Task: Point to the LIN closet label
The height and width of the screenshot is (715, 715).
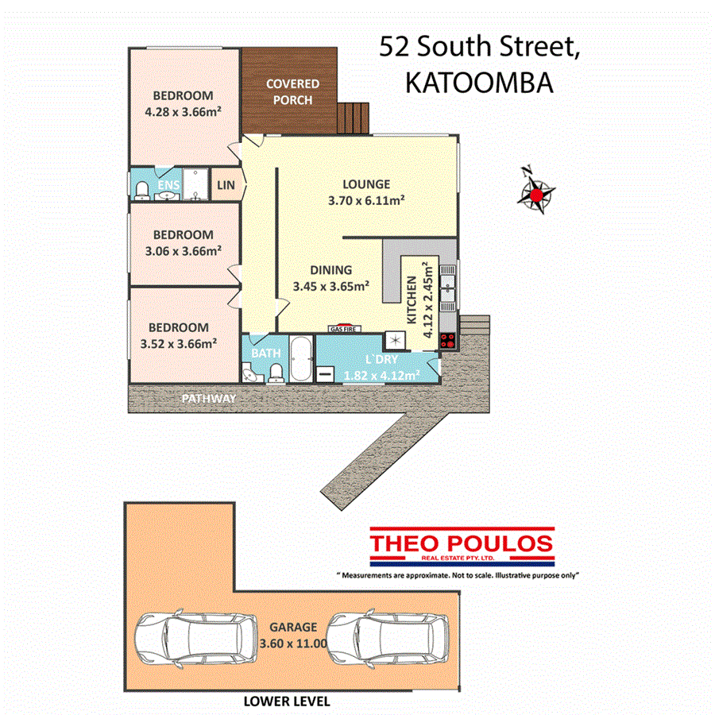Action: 226,186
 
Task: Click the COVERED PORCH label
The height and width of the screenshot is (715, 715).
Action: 292,91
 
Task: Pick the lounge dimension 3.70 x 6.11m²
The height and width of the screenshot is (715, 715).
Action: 367,201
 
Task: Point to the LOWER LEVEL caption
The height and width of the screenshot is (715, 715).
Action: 287,702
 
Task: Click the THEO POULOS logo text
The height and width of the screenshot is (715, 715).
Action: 462,543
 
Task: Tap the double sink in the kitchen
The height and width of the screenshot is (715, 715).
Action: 448,287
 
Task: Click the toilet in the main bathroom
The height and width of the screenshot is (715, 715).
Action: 276,372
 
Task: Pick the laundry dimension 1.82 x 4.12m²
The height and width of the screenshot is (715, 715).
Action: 381,375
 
